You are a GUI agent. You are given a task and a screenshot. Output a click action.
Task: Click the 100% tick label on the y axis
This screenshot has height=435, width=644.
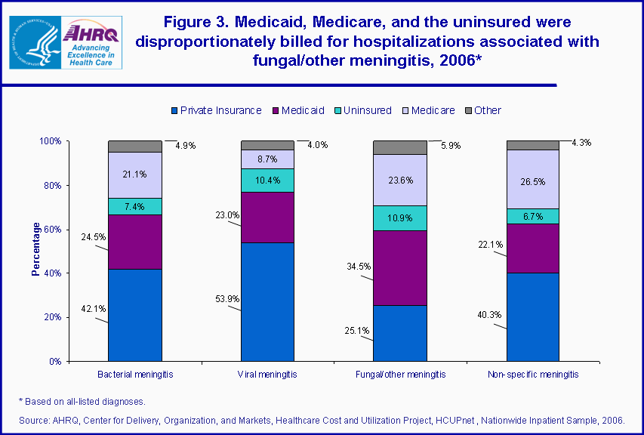(x=50, y=141)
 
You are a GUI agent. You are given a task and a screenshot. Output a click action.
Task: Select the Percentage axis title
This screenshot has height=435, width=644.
(x=35, y=248)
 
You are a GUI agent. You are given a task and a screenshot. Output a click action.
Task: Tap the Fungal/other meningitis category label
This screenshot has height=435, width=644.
(x=399, y=375)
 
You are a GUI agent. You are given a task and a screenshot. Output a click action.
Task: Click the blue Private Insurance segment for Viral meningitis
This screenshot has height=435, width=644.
(x=267, y=302)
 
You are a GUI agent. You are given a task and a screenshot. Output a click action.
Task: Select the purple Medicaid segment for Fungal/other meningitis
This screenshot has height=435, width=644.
(x=399, y=267)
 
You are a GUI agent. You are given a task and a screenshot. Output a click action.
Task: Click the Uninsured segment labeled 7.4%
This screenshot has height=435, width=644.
(x=134, y=206)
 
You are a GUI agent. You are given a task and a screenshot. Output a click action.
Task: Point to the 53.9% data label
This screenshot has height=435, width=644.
(x=227, y=299)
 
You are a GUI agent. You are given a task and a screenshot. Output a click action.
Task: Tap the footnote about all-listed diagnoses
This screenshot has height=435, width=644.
(x=82, y=401)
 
